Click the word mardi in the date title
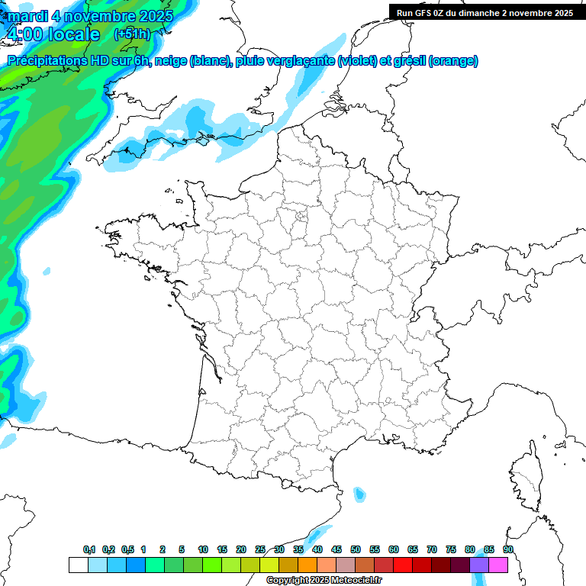[27, 16]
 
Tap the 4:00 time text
[24, 34]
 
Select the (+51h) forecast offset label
[131, 34]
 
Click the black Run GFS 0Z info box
[485, 12]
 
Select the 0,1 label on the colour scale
[89, 550]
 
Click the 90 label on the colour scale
[507, 550]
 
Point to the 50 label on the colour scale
[356, 550]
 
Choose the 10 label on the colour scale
[203, 550]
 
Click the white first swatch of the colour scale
[78, 565]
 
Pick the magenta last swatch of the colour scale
[498, 565]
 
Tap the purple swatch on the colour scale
[479, 565]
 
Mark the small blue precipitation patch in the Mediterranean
[359, 494]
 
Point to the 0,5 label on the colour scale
[127, 550]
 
